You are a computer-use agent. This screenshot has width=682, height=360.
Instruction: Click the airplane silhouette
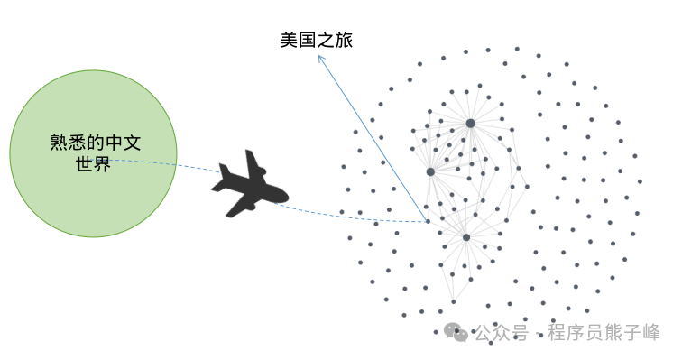point(249,186)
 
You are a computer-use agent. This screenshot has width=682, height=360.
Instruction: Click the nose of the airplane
point(285,196)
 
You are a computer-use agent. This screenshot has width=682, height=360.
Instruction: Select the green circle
point(93,153)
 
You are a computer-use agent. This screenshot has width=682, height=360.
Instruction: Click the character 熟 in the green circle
point(59,143)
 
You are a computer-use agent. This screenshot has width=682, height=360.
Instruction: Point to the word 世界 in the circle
point(93,163)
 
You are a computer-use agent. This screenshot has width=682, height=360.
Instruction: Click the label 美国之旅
point(317,40)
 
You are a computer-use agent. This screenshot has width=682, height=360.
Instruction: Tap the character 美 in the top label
point(290,40)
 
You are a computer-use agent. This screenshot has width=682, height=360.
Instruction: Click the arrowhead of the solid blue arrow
point(320,58)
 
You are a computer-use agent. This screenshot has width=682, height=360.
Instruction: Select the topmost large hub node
point(470,124)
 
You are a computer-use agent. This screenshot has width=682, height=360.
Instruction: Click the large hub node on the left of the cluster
point(430,171)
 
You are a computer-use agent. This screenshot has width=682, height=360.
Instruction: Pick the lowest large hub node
point(466,237)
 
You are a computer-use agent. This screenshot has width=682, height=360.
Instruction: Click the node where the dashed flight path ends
point(428,222)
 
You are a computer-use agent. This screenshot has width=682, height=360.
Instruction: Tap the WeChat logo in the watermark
point(456,332)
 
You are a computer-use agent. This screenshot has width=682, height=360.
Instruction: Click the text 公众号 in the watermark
point(502,333)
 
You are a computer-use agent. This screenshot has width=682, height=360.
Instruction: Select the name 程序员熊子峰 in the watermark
point(604,333)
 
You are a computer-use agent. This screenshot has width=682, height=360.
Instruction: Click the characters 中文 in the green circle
point(123,143)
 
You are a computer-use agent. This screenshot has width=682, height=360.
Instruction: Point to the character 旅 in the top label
point(344,40)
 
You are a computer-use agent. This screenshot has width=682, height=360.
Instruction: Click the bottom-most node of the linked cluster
point(454,301)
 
